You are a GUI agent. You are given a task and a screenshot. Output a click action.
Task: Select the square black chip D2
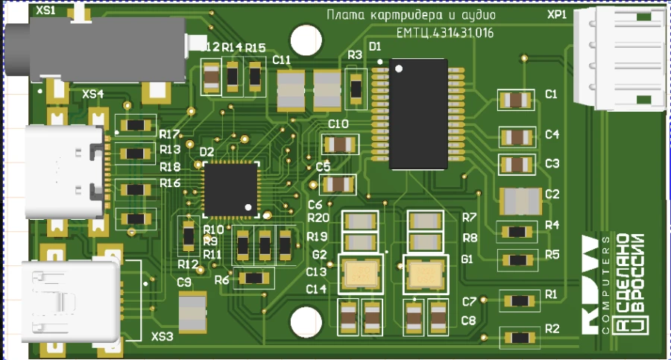[x=230, y=189]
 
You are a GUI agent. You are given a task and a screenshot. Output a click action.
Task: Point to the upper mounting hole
[x=305, y=38]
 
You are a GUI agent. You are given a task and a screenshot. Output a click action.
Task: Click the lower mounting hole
[x=305, y=322]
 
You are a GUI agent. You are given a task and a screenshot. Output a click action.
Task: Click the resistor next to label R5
[x=516, y=260]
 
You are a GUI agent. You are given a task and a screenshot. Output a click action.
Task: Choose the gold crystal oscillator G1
[x=426, y=275]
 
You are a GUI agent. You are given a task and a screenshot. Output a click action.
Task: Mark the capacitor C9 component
[x=192, y=311]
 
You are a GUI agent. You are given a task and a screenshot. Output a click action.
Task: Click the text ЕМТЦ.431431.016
[x=444, y=33]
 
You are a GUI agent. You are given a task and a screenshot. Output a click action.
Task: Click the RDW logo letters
[x=589, y=282]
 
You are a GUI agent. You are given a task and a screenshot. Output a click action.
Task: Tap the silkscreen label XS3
[x=163, y=337]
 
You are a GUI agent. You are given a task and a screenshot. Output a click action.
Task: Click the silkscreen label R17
[x=169, y=135]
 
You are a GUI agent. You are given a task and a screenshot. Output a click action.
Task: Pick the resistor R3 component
[x=356, y=88]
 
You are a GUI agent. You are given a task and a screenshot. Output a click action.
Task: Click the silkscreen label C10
[x=338, y=124]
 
